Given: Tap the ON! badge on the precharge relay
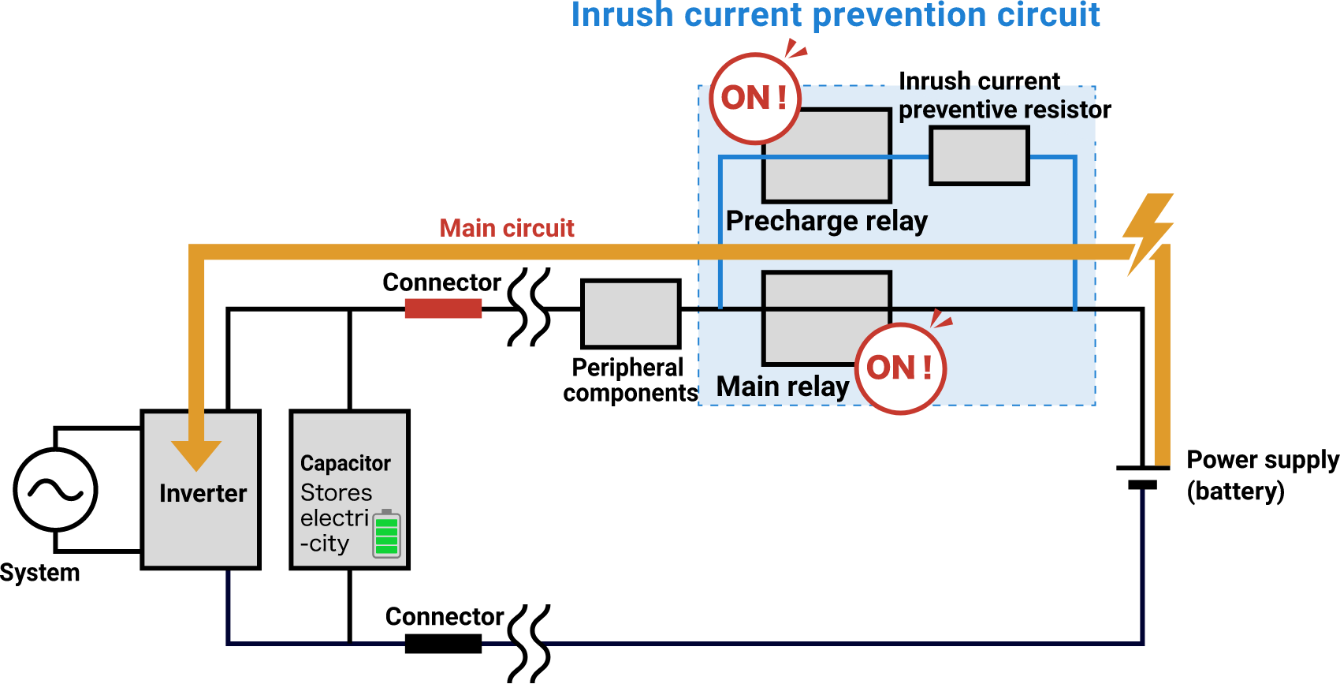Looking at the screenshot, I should (755, 99).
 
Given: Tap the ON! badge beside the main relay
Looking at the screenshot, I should (900, 368).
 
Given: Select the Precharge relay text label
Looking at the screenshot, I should (826, 221).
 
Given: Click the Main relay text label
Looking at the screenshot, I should (783, 387).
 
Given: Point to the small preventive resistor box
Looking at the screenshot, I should (979, 156).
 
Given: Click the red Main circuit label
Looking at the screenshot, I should (507, 229).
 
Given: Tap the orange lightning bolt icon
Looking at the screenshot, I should (1148, 234).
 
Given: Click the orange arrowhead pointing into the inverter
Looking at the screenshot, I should (196, 454).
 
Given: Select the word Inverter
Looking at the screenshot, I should (203, 494).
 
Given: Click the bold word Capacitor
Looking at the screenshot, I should (345, 463).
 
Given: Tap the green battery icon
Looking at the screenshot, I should (386, 534).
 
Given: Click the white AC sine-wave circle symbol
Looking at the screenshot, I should (55, 490).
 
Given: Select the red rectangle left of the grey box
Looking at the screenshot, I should (443, 308).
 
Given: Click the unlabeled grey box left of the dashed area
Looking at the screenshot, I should (631, 314).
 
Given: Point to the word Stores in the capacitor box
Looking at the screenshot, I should (336, 493).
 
